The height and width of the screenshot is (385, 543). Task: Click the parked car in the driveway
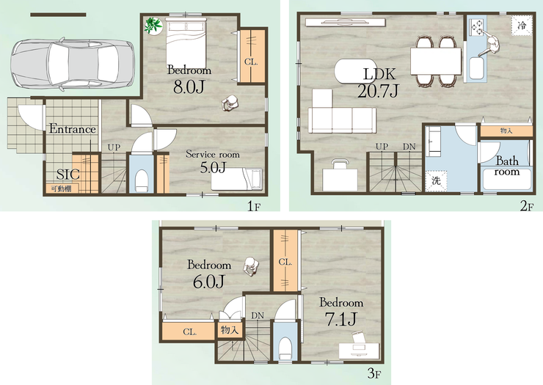[73, 65]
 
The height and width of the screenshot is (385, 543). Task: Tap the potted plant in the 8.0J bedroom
[153, 26]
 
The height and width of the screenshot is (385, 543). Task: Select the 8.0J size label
[189, 87]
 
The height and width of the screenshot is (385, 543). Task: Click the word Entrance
[73, 129]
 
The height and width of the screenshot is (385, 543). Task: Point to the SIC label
[68, 175]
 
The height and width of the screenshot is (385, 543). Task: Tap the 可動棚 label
[62, 188]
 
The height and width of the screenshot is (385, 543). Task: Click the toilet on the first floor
[142, 180]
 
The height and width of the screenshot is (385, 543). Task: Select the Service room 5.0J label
[213, 161]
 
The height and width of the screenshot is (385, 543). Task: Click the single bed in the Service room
[236, 179]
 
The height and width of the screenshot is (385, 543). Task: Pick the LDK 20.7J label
[378, 83]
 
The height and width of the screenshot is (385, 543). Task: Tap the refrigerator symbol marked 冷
[522, 25]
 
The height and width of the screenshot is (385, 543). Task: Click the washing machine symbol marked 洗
[436, 180]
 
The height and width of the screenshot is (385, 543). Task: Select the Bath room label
[507, 166]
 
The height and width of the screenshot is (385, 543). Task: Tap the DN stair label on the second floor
[409, 147]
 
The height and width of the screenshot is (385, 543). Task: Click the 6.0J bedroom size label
[209, 282]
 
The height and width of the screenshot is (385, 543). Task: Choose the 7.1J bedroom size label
[341, 319]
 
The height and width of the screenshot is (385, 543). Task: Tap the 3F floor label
[374, 373]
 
